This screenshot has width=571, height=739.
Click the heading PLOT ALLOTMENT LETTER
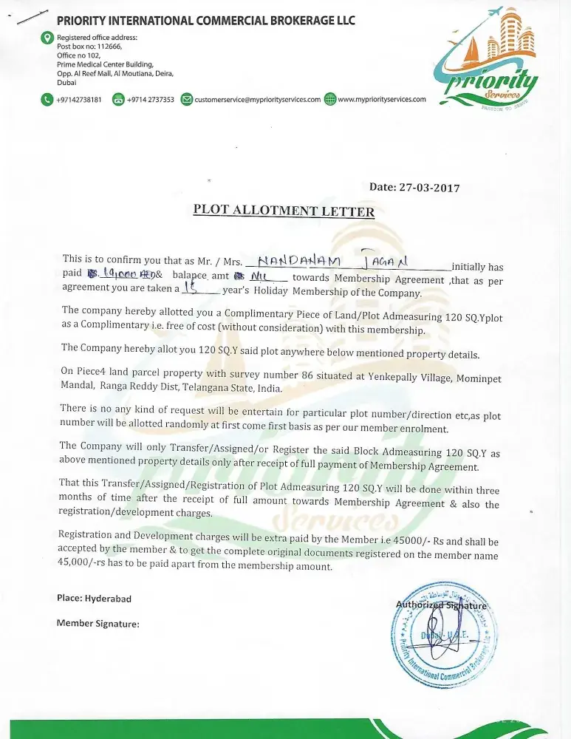click(284, 210)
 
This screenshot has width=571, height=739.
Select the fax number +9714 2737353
click(151, 99)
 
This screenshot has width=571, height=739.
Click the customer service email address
click(257, 99)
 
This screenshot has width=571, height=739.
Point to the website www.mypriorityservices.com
click(381, 99)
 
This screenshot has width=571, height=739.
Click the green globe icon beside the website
click(330, 99)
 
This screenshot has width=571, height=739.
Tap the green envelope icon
click(187, 99)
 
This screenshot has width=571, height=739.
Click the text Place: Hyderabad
click(94, 598)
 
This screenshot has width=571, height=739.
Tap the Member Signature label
click(98, 624)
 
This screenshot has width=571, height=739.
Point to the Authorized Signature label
click(441, 605)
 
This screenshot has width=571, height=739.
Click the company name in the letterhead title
click(206, 20)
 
